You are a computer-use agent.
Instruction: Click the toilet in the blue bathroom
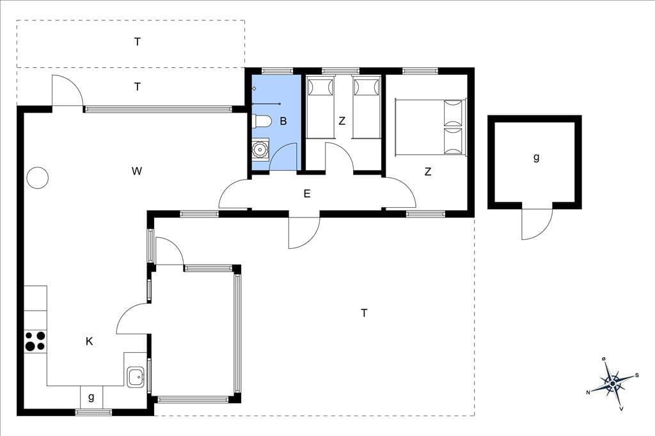pos(261,121)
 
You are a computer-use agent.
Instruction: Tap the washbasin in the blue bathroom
pos(261,149)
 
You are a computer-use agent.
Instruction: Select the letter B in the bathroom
pos(283,121)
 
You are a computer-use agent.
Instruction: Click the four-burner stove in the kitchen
pos(35,341)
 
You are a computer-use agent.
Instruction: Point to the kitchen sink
pos(136,377)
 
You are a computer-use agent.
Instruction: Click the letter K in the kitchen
pos(89,341)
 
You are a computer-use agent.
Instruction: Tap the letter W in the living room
pos(137,171)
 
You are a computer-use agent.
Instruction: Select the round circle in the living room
pos(37,178)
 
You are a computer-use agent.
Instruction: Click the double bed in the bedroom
pos(430,127)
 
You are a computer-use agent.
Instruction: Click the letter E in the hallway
pos(307,194)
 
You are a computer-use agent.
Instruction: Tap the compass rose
pos(613,382)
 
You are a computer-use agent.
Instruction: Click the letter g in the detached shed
pos(537,157)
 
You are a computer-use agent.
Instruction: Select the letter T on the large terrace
pos(364,313)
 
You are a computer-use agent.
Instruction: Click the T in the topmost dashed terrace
pos(138,42)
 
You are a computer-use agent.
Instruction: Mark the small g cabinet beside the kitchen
pos(91,397)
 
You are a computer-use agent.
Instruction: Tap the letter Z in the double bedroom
pos(428,171)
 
